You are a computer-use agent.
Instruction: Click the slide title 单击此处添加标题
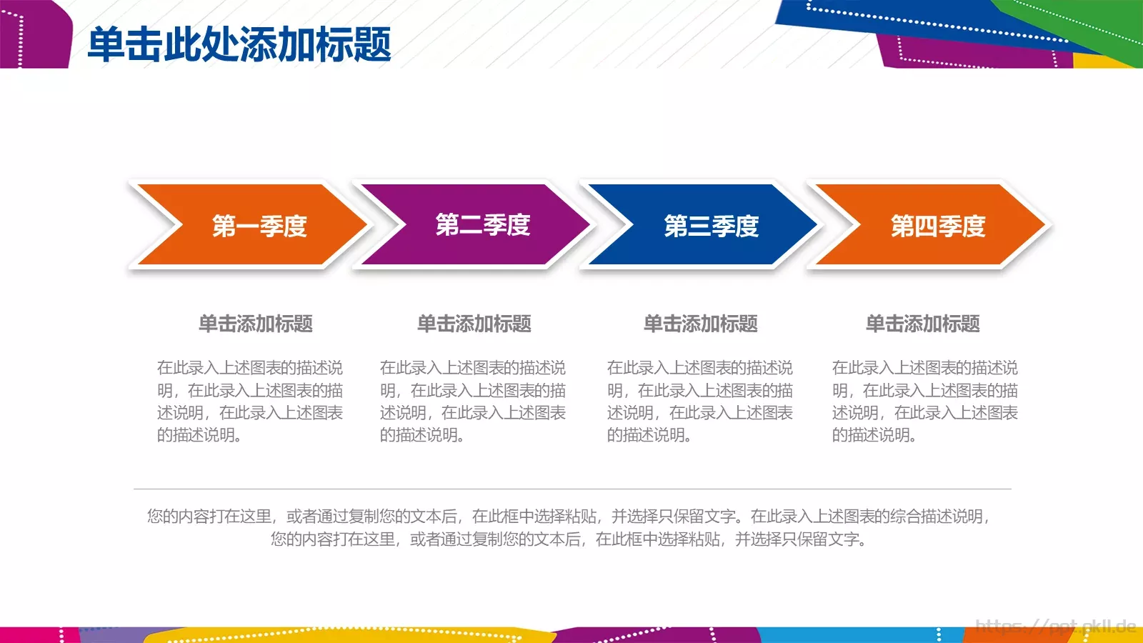tap(239, 44)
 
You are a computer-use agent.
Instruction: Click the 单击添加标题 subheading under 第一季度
tap(256, 324)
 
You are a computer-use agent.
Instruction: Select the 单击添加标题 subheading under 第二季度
tap(474, 324)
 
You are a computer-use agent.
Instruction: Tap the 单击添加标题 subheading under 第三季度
tap(701, 324)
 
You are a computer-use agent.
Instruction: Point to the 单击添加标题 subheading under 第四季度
tap(923, 324)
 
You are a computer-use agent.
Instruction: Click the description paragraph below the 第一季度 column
tap(250, 401)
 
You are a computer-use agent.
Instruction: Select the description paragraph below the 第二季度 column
tap(473, 401)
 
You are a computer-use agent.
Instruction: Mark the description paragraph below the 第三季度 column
tap(700, 401)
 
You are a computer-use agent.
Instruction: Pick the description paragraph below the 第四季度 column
tap(925, 401)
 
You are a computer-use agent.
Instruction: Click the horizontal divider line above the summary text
tap(571, 489)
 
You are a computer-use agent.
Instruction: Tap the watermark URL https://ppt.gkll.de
tap(1055, 627)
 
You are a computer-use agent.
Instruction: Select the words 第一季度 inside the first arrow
tap(259, 226)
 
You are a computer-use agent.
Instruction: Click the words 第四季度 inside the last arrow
tap(938, 226)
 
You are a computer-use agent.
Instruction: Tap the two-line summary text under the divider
tap(569, 527)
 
